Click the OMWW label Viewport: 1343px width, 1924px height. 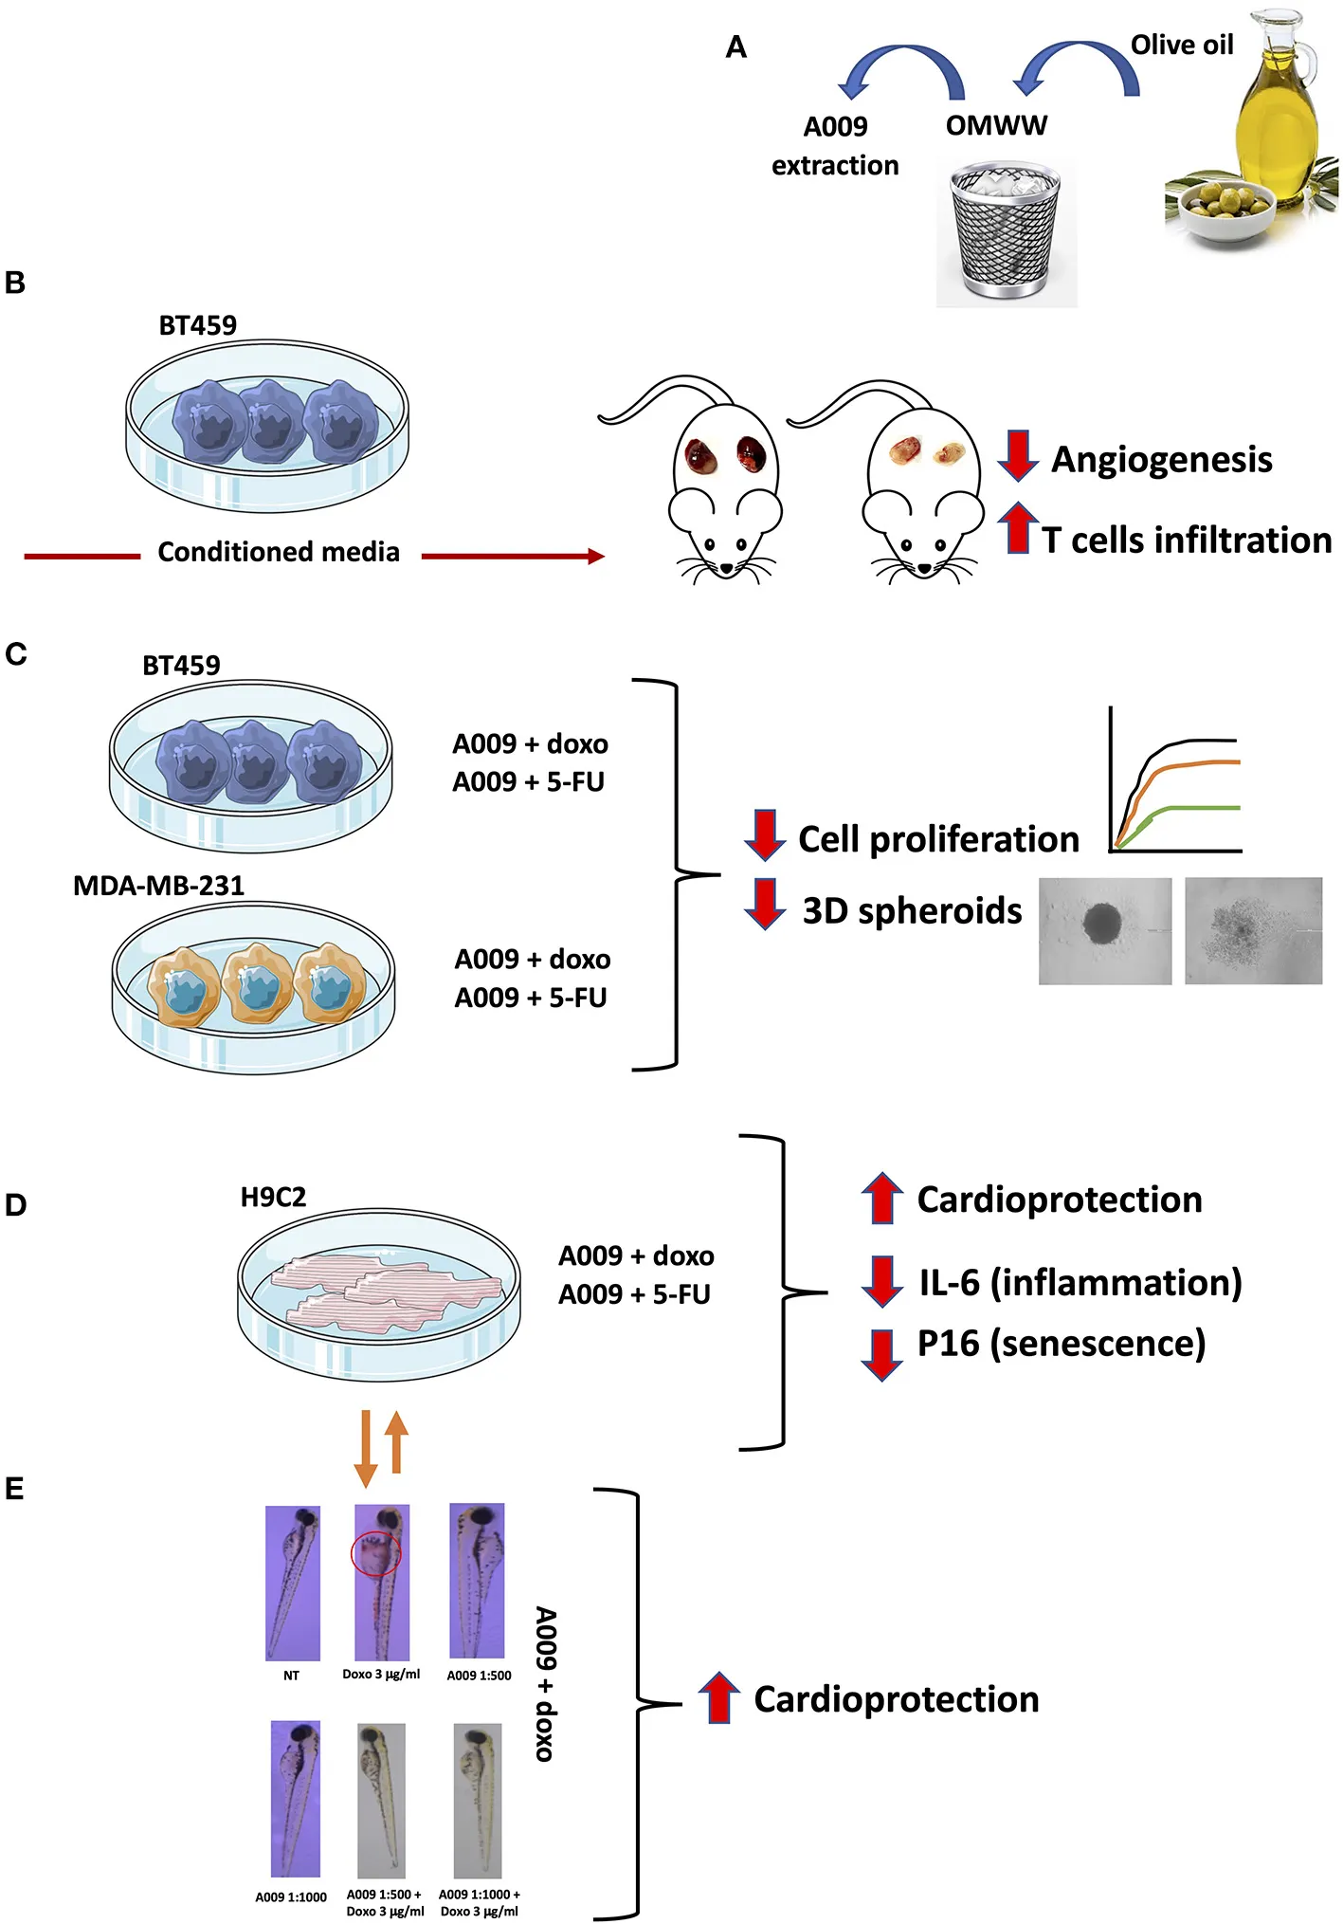tap(996, 125)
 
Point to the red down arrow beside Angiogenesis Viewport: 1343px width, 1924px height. tap(1018, 456)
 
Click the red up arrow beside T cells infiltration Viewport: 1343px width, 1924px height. tap(1018, 527)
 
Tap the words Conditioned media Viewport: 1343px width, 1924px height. tap(279, 552)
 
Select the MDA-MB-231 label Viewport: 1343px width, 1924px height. tap(158, 886)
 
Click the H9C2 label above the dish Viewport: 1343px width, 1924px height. tap(273, 1197)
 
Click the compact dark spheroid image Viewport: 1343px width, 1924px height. tap(1104, 930)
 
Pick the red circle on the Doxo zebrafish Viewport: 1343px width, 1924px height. tap(376, 1553)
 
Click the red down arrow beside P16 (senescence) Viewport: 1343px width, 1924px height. tap(881, 1353)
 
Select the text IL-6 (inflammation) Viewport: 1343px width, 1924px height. tap(1080, 1282)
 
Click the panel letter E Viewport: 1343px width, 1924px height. tap(14, 1489)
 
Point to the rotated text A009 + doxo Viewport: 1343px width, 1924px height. tap(545, 1683)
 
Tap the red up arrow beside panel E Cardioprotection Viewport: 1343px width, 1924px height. tap(719, 1697)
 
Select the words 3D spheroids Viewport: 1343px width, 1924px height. tap(912, 910)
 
